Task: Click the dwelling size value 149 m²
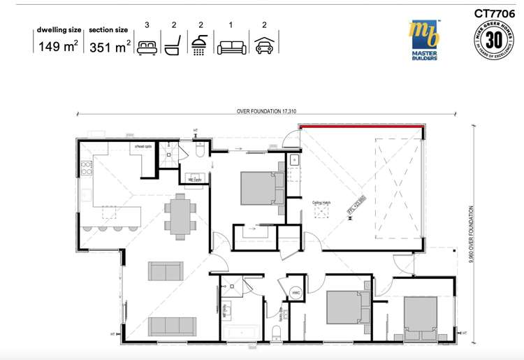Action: click(x=58, y=48)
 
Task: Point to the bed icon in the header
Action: click(x=147, y=48)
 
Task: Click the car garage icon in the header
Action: click(x=264, y=48)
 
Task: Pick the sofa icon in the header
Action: click(x=231, y=48)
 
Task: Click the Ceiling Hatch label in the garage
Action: click(x=321, y=203)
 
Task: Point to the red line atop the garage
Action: click(x=361, y=127)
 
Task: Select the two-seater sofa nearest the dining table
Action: click(x=166, y=271)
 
